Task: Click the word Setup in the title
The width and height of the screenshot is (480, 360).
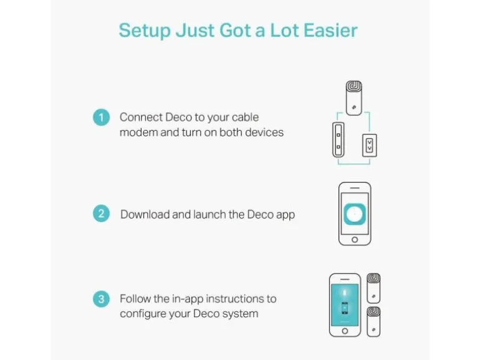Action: point(145,31)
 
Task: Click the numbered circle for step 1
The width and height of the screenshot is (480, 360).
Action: point(102,117)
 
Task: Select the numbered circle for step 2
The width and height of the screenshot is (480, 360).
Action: point(102,214)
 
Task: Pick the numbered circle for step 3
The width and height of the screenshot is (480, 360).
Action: point(102,299)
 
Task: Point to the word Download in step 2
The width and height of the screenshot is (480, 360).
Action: point(145,214)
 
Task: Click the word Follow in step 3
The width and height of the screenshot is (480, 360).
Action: point(135,298)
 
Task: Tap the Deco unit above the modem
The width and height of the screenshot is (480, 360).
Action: point(354,98)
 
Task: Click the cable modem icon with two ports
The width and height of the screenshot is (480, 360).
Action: point(338,140)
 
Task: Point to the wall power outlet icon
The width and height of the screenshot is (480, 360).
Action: point(370,146)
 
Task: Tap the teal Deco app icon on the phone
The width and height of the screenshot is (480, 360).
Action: point(355,214)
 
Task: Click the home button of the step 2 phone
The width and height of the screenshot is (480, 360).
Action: point(355,240)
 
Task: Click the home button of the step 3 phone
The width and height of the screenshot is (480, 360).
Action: point(345,331)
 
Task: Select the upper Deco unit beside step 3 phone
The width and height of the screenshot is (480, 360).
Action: point(373,288)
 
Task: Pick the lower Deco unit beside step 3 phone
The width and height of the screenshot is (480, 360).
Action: point(373,321)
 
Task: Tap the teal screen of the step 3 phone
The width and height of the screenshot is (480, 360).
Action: point(345,305)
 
